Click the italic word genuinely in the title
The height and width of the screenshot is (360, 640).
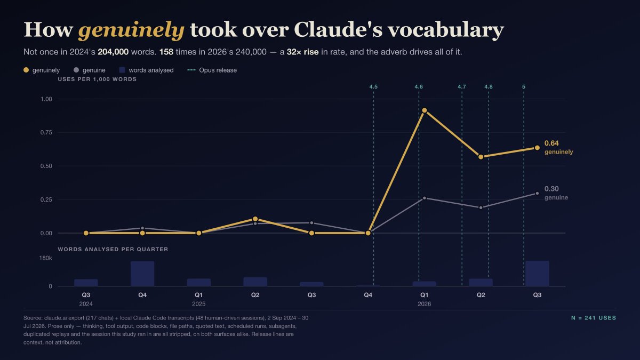131,30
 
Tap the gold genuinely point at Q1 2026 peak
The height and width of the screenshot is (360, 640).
425,110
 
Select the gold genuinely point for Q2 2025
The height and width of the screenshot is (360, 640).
255,219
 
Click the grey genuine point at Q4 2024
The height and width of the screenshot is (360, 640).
142,228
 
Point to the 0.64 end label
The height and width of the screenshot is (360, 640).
551,143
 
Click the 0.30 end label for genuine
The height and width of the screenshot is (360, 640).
551,189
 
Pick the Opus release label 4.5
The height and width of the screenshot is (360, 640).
373,86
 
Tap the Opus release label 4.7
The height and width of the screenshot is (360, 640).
462,86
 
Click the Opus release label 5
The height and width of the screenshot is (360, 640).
524,86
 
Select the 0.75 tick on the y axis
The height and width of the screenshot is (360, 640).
46,132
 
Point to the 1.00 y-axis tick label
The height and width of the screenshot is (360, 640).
46,99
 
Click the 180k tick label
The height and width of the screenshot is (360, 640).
46,258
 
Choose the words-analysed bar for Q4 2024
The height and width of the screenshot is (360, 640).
142,274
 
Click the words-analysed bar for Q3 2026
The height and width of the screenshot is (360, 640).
537,273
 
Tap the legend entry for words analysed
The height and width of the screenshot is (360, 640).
146,70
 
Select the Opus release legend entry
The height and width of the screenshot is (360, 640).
212,70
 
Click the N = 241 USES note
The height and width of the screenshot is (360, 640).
594,318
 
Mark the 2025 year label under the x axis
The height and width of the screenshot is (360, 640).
198,303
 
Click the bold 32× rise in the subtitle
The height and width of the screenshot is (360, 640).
302,52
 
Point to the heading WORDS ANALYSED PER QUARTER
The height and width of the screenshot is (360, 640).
113,249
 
